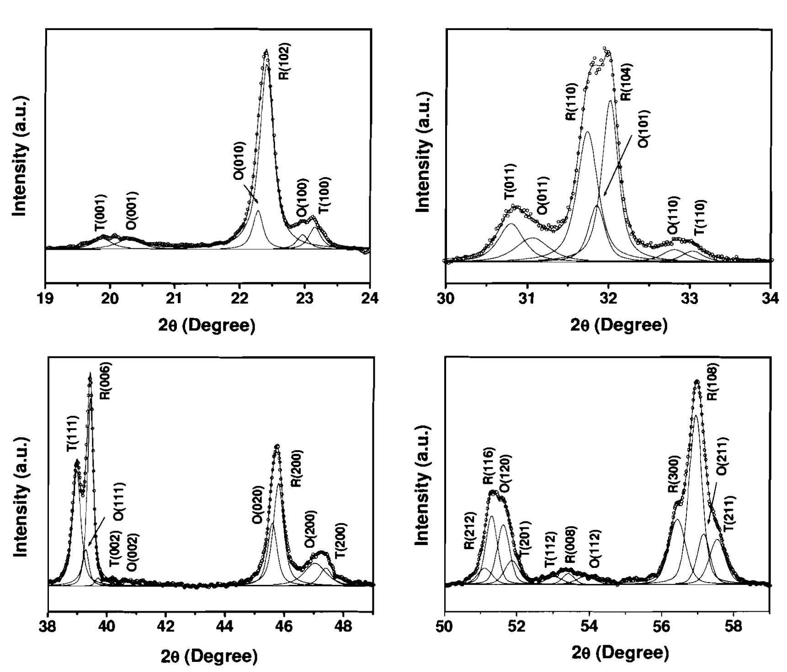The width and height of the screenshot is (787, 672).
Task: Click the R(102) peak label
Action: tap(284, 61)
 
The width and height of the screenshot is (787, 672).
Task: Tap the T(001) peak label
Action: tap(101, 212)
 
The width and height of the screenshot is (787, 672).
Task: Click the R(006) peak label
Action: tap(105, 381)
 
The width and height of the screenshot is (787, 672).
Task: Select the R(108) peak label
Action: tap(712, 382)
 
